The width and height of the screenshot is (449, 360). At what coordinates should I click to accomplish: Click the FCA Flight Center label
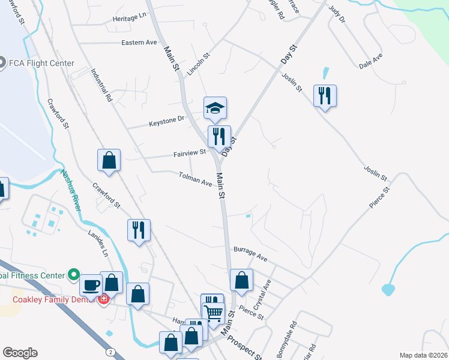41,63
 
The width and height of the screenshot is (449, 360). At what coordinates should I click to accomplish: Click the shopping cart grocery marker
214,311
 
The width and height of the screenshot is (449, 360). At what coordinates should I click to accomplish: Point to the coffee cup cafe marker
91,285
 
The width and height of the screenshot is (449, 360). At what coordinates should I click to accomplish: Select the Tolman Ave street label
196,178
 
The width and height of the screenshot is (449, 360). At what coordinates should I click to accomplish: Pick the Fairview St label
190,153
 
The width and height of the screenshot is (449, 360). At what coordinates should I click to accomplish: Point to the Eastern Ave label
139,43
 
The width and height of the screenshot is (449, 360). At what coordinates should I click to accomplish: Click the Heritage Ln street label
130,19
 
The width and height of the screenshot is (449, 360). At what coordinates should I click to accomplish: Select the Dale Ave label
370,61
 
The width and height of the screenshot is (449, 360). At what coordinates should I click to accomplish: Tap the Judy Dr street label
337,15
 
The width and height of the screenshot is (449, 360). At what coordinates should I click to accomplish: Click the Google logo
20,353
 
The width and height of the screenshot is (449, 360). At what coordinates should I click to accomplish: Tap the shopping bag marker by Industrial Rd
109,161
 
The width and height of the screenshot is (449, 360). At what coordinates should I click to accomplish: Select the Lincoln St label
197,64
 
